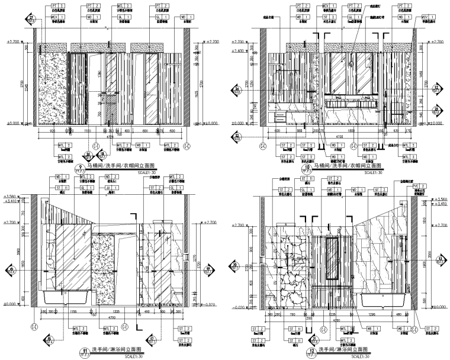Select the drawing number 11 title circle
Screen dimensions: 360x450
pyautogui.click(x=86, y=350)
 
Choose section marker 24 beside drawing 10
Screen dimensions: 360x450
pyautogui.click(x=237, y=89)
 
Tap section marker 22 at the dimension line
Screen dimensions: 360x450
pyautogui.click(x=237, y=136)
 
